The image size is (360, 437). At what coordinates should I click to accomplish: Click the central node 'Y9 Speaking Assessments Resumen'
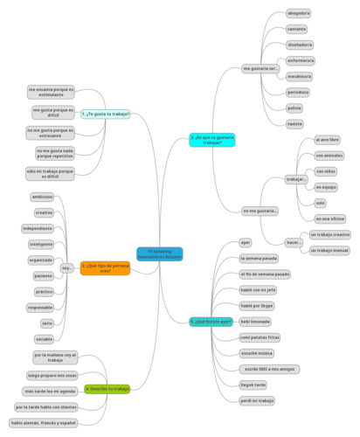pos(160,254)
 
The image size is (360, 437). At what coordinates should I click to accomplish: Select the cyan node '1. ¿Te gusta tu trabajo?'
pos(105,114)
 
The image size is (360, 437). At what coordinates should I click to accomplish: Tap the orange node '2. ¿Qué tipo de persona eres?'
pos(105,268)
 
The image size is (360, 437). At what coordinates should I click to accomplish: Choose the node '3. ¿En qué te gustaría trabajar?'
pos(211,139)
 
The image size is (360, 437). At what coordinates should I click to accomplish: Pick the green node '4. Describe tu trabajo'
pos(107,388)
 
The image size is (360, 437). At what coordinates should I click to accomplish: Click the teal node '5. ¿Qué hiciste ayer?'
pos(211,322)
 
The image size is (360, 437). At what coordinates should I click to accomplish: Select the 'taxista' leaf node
pos(294,123)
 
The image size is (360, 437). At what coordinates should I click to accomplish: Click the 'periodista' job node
pos(297,92)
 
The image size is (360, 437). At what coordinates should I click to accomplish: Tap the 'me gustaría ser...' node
pos(260,68)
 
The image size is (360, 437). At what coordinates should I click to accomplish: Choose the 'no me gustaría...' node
pos(260,211)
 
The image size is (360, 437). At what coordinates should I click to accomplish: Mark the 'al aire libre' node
pos(328,140)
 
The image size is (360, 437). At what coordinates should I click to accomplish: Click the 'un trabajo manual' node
pos(329,250)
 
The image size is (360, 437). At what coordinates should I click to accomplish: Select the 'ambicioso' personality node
pos(43,197)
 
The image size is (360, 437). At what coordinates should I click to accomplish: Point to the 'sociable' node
pos(44,338)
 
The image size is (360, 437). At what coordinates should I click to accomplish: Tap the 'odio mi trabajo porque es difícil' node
pos(50,173)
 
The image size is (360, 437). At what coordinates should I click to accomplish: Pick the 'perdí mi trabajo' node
pos(257,400)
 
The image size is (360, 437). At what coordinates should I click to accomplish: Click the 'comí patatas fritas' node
pos(260,336)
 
